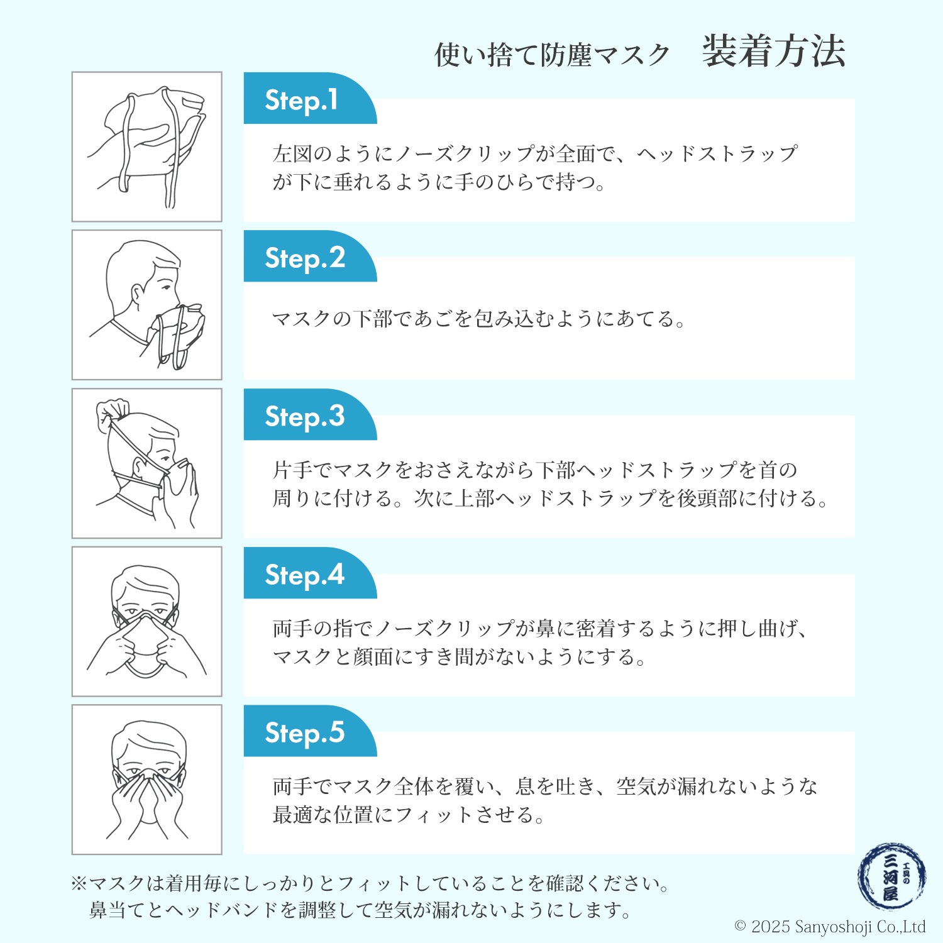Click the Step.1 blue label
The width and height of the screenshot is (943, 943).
click(310, 99)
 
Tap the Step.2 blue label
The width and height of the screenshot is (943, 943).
click(310, 256)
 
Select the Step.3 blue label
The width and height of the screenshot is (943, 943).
click(310, 415)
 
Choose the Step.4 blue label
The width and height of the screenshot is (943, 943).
click(310, 573)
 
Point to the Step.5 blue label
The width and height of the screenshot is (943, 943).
click(310, 731)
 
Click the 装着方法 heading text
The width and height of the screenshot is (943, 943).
click(774, 52)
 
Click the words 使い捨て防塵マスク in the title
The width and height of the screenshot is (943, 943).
click(553, 55)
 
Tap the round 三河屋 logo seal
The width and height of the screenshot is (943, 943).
click(891, 877)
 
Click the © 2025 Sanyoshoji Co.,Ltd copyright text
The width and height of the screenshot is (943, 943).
click(830, 927)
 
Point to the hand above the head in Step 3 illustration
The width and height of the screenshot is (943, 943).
click(113, 410)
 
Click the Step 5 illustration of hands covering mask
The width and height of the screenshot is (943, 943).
click(147, 780)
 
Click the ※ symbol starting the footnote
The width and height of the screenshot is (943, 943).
click(79, 884)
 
